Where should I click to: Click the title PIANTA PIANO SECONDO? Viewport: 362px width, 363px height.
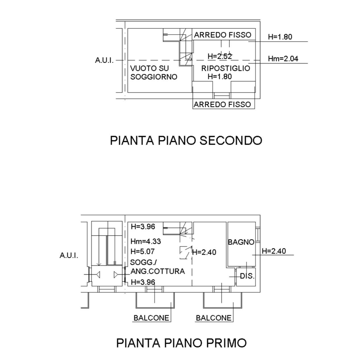coord(186,141)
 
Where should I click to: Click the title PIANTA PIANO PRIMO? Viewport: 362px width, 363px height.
coord(181,343)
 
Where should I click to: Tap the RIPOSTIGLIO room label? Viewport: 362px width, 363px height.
coord(226,68)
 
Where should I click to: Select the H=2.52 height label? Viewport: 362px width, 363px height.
coord(220,56)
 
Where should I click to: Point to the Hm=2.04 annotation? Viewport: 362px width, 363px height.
coord(283,59)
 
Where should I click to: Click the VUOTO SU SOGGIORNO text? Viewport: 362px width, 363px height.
coord(153,73)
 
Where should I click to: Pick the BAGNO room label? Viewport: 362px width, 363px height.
coord(241,242)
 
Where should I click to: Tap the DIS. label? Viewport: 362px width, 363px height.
coord(247,276)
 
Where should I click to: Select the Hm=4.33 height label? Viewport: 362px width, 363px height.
coord(145,241)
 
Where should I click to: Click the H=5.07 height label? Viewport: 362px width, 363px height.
coord(143,251)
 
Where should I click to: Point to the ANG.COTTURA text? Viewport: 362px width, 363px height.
coord(157,271)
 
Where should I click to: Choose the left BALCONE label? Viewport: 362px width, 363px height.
coord(151,318)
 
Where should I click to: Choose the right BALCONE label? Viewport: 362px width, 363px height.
coord(214,318)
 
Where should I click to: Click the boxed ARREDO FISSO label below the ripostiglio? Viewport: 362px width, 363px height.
coord(222,104)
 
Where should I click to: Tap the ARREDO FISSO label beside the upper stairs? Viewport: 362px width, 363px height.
coord(223,35)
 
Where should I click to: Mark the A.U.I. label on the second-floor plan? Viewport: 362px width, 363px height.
coord(104,60)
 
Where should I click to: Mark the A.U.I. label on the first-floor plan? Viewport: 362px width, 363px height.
coord(69,256)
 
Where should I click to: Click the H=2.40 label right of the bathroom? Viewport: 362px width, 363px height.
coord(274,251)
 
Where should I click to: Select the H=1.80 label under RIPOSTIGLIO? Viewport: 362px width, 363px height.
coord(220,76)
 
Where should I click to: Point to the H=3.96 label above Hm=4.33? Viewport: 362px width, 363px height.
coord(143,227)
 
